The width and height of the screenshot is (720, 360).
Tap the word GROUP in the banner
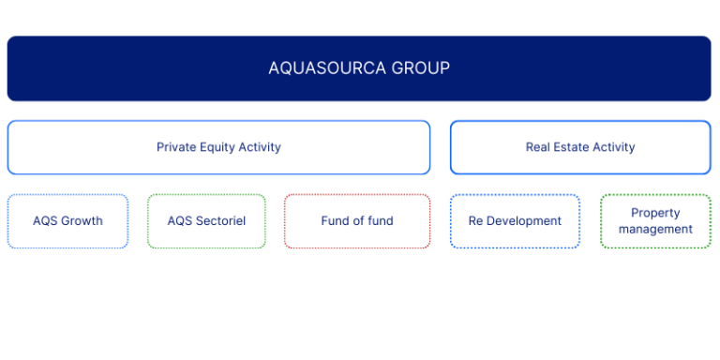pos(422,68)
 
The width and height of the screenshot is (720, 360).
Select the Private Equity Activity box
pos(218,147)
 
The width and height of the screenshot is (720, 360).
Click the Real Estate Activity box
pos(580,147)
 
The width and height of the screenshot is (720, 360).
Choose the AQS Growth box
pos(67,221)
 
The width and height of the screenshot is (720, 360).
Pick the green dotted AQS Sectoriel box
pos(206,221)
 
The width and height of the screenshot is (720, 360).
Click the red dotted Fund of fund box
pos(357,221)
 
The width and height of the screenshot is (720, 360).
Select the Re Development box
pos(515,221)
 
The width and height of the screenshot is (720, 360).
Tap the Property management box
pos(655,221)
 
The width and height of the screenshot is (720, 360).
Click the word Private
pos(175,147)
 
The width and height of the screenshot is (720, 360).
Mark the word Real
pos(538,147)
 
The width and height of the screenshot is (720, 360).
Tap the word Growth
pos(82,221)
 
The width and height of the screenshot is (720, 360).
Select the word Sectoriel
pos(220,221)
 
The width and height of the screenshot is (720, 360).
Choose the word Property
pos(655,213)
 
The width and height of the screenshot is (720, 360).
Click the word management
pos(655,229)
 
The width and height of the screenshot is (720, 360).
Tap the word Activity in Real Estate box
pos(613,147)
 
